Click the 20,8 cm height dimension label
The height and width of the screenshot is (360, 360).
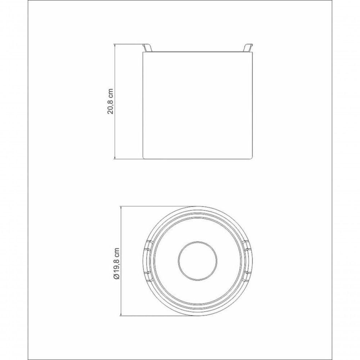[x=110, y=101]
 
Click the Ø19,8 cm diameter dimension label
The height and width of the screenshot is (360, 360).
[x=117, y=264]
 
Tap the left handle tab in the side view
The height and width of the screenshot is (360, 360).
[x=147, y=48]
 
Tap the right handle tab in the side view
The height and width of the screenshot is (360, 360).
[x=248, y=48]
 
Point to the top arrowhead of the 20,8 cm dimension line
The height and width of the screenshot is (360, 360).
[x=114, y=46]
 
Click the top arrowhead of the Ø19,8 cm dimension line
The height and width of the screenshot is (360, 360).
[x=121, y=208]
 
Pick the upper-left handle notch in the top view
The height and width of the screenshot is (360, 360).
[x=148, y=246]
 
